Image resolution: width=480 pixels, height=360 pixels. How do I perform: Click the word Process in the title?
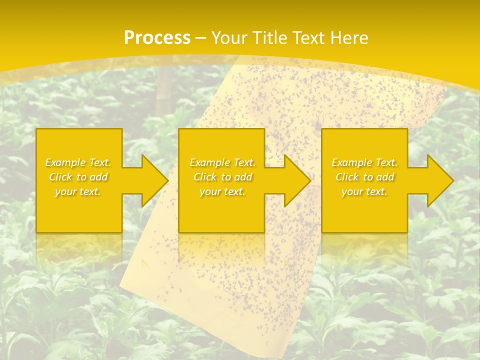click(157, 38)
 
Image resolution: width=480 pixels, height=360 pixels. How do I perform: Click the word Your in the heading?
click(230, 38)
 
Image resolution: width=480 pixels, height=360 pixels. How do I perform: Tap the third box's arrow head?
click(445, 180)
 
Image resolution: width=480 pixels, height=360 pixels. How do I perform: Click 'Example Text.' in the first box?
click(78, 162)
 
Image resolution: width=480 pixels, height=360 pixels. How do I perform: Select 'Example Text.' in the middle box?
click(222, 162)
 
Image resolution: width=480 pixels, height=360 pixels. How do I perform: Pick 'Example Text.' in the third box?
click(364, 162)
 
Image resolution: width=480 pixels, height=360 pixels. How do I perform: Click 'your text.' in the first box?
click(78, 191)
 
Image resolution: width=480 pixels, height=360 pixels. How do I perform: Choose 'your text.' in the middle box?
click(222, 191)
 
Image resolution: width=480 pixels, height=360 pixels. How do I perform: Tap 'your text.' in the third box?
click(364, 191)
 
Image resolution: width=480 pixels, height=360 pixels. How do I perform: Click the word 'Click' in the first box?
click(60, 177)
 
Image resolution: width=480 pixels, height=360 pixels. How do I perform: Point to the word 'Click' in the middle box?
click(205, 177)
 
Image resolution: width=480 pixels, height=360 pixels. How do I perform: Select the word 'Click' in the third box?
click(347, 177)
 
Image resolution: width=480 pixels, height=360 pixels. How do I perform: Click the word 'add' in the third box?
click(385, 177)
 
